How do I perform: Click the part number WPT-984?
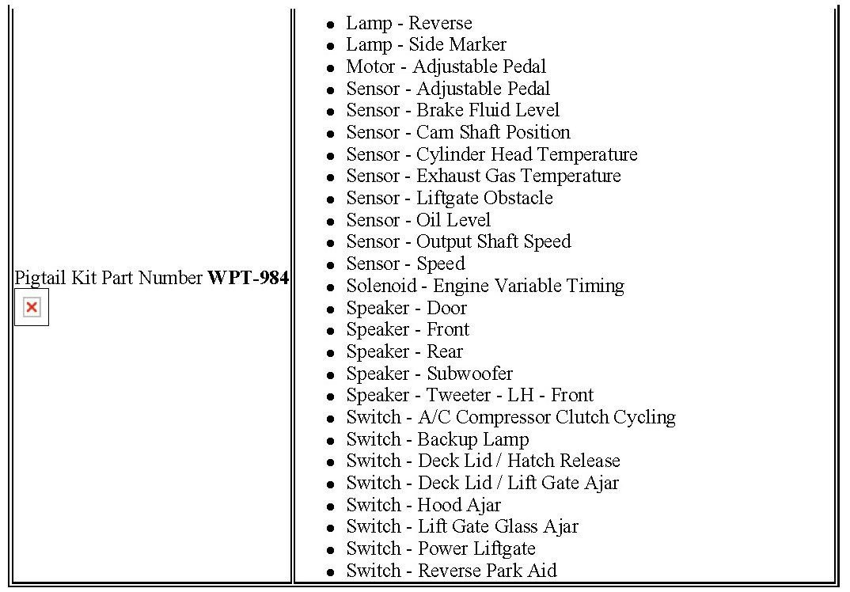pyautogui.click(x=248, y=278)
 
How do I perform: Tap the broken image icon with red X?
pyautogui.click(x=32, y=307)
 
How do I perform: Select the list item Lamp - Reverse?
pyautogui.click(x=408, y=23)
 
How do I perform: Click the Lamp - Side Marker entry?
pyautogui.click(x=426, y=45)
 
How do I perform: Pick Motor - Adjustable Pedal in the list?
pyautogui.click(x=446, y=66)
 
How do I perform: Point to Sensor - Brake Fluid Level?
pyautogui.click(x=452, y=111)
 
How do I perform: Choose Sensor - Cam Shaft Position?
pyautogui.click(x=457, y=132)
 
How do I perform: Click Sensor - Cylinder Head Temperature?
pyautogui.click(x=491, y=154)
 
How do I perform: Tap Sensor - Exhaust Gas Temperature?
pyautogui.click(x=483, y=176)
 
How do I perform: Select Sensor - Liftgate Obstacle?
pyautogui.click(x=449, y=198)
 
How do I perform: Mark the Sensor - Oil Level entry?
pyautogui.click(x=418, y=220)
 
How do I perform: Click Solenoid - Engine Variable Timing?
pyautogui.click(x=484, y=286)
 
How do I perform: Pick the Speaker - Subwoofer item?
pyautogui.click(x=429, y=374)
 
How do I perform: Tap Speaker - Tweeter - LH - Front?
pyautogui.click(x=469, y=395)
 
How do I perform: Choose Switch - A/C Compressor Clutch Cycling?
pyautogui.click(x=510, y=417)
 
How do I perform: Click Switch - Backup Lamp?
pyautogui.click(x=437, y=439)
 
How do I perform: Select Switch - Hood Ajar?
pyautogui.click(x=423, y=505)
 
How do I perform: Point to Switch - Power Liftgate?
pyautogui.click(x=440, y=548)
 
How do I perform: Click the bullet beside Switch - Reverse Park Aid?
pyautogui.click(x=330, y=572)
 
